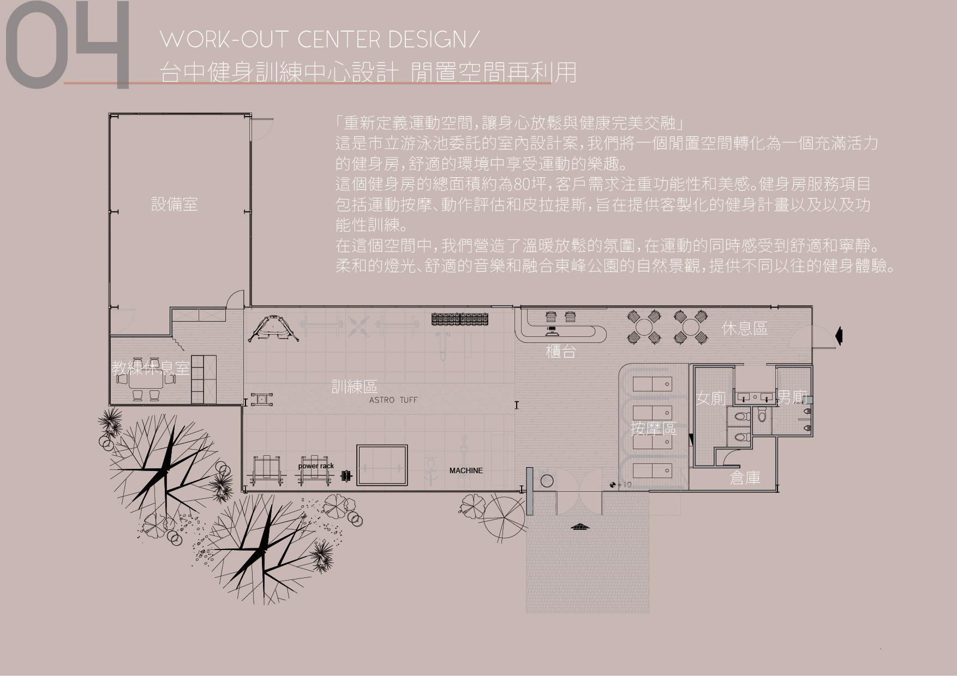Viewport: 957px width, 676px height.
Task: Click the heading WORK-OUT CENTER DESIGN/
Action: [320, 40]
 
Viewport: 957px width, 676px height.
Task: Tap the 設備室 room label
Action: [174, 204]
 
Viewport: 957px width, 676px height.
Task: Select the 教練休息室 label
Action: [151, 368]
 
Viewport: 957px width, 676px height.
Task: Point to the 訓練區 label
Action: [355, 387]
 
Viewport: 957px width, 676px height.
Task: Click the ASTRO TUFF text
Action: [393, 400]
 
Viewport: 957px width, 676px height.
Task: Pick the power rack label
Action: [316, 466]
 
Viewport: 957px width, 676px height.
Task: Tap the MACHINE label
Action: [466, 470]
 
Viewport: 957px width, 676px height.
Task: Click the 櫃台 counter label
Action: [561, 352]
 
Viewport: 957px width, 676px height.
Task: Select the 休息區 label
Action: [744, 328]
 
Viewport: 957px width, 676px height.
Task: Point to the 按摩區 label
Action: [653, 428]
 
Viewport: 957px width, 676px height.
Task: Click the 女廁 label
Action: [711, 398]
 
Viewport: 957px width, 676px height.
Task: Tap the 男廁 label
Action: [792, 397]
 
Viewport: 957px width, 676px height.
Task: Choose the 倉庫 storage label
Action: [745, 478]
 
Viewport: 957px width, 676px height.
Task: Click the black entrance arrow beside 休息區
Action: [839, 336]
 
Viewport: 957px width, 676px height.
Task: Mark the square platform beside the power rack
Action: [382, 465]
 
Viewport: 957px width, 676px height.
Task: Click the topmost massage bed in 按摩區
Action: [652, 384]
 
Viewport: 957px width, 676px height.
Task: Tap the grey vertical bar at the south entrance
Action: [529, 490]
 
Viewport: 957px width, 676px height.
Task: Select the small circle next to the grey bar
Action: [546, 481]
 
